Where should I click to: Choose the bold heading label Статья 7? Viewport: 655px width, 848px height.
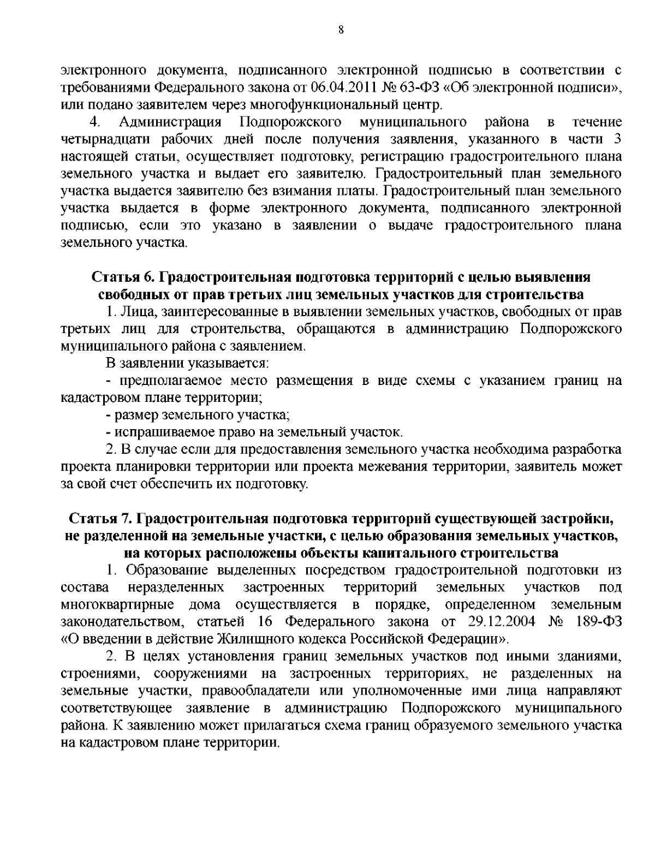(x=102, y=517)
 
